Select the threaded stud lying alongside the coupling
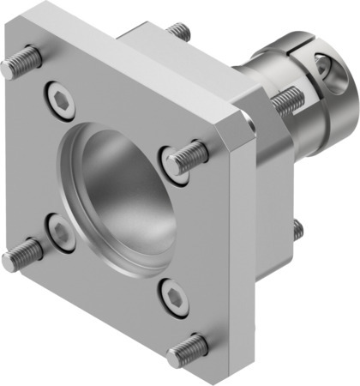point(286,103)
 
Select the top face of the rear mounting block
point(171,47)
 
